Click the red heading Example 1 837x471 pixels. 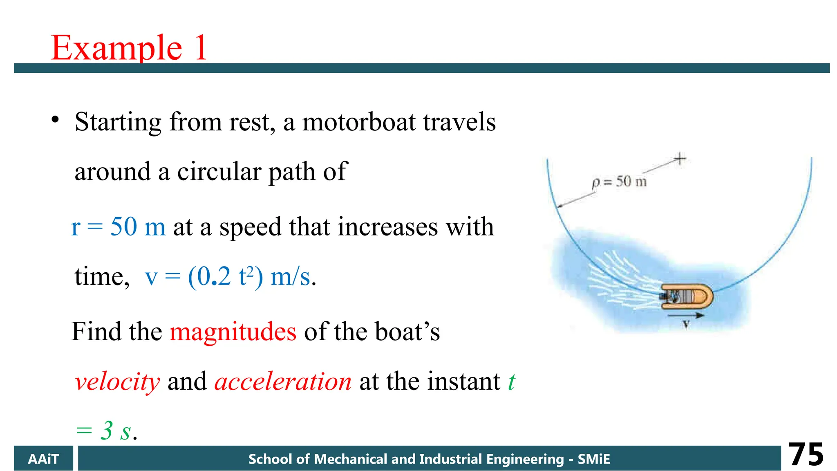pyautogui.click(x=129, y=48)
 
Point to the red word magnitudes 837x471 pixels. pyautogui.click(x=233, y=331)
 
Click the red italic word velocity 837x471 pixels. pyautogui.click(x=117, y=382)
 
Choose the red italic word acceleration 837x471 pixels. pyautogui.click(x=283, y=382)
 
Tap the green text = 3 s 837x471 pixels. pyautogui.click(x=106, y=431)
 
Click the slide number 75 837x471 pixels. pyautogui.click(x=806, y=455)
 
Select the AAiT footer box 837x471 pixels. pyautogui.click(x=43, y=459)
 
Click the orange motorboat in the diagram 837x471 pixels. pyautogui.click(x=687, y=296)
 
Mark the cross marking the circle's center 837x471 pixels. pyautogui.click(x=680, y=159)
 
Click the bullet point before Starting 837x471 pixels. pyautogui.click(x=55, y=120)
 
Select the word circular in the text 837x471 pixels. pyautogui.click(x=219, y=171)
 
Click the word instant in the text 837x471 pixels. pyautogui.click(x=463, y=382)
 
